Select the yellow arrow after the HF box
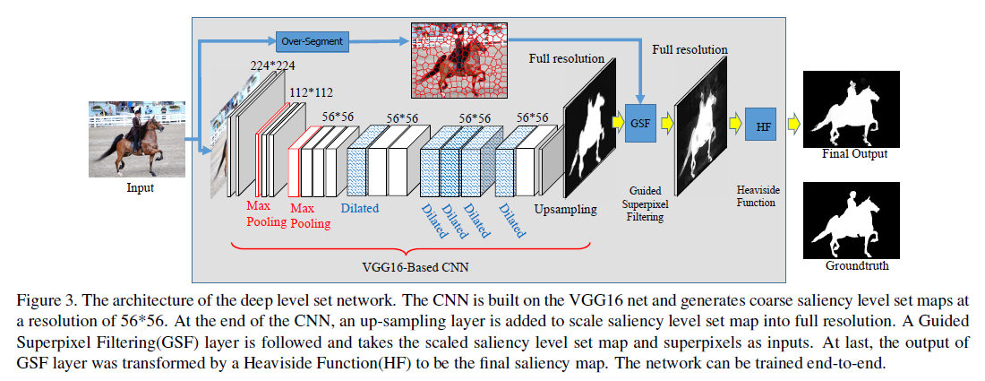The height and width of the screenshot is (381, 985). tap(792, 125)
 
